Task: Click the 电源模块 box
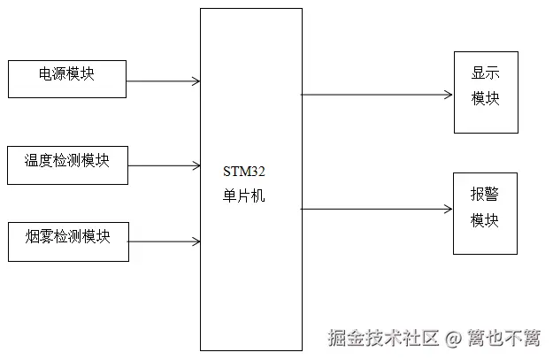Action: (x=67, y=79)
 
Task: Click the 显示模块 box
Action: (x=486, y=92)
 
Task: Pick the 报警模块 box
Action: (x=485, y=213)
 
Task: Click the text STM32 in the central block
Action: (x=244, y=175)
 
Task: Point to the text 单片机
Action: (x=244, y=196)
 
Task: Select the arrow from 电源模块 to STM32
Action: (x=164, y=81)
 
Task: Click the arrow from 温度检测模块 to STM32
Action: (x=164, y=165)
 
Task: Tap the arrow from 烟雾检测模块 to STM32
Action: (x=164, y=240)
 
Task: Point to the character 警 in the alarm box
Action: (x=492, y=195)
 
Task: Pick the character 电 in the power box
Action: (x=45, y=73)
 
